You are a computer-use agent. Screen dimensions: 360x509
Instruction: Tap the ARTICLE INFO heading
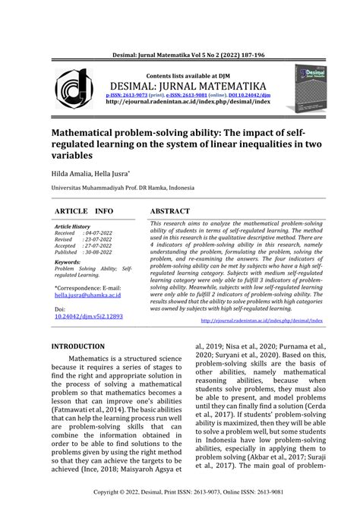(x=84, y=210)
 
